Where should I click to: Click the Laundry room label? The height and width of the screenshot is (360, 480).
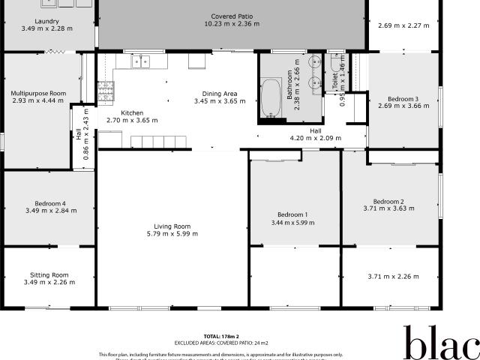(x=49, y=21)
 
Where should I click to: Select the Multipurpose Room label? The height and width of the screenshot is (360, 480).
(x=38, y=94)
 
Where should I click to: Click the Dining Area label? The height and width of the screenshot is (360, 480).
(x=215, y=94)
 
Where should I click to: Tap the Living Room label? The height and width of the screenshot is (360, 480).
(x=172, y=226)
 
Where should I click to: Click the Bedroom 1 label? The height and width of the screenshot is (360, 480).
(x=292, y=214)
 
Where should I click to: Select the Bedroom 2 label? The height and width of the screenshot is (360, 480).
(x=389, y=201)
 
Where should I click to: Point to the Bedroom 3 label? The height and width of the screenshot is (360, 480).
(x=403, y=99)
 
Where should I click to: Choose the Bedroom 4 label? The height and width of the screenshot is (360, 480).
(x=50, y=203)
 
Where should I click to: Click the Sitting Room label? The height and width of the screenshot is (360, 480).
(x=49, y=274)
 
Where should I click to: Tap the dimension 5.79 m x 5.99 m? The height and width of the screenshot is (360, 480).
(x=172, y=234)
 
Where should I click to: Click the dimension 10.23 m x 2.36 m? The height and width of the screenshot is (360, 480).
(x=232, y=24)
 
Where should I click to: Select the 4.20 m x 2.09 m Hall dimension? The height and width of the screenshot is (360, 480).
(x=315, y=139)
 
